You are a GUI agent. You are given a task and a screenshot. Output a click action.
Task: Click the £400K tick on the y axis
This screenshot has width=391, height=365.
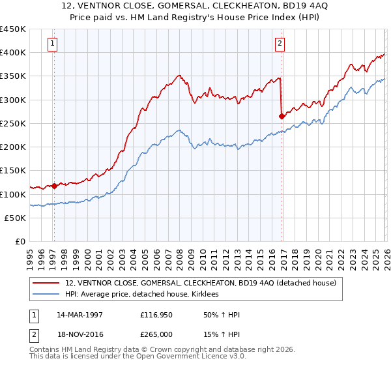(x=12, y=53)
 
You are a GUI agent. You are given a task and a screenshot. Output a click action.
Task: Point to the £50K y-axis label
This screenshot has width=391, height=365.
(x=15, y=218)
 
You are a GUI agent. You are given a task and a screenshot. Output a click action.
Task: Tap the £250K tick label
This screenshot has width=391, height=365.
(x=12, y=123)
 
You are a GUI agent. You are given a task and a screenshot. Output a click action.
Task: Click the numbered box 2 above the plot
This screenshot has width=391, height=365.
(x=280, y=44)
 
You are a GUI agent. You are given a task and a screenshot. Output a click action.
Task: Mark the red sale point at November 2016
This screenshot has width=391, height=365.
(x=282, y=117)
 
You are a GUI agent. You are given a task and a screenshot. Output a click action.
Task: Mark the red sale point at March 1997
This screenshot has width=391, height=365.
(x=54, y=186)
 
